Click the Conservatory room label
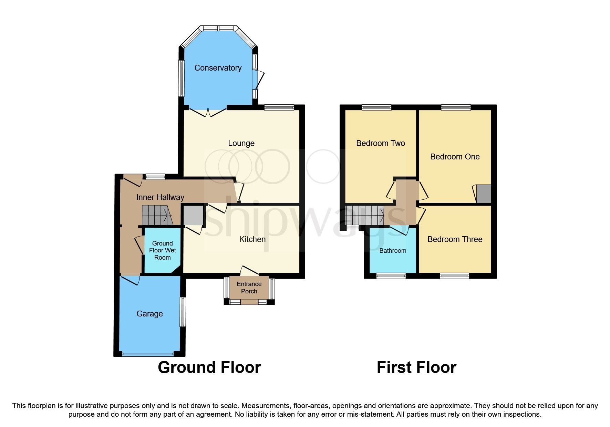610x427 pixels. [218, 68]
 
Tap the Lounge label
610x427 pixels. [241, 143]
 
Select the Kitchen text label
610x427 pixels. [252, 239]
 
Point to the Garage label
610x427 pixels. [149, 314]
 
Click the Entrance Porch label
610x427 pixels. [249, 288]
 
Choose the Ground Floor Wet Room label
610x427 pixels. [162, 250]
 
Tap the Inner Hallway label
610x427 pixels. [160, 197]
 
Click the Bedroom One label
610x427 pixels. [455, 157]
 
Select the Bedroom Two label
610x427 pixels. [380, 143]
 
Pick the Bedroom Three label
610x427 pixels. [455, 239]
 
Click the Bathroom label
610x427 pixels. [393, 251]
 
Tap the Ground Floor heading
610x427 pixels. [209, 367]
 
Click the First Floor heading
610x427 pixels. [416, 367]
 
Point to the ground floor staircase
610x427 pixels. [157, 215]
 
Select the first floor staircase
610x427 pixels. [365, 215]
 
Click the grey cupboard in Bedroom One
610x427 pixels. [484, 194]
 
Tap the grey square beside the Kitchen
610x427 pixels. [193, 216]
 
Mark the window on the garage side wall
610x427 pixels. [183, 312]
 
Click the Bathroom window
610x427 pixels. [391, 275]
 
